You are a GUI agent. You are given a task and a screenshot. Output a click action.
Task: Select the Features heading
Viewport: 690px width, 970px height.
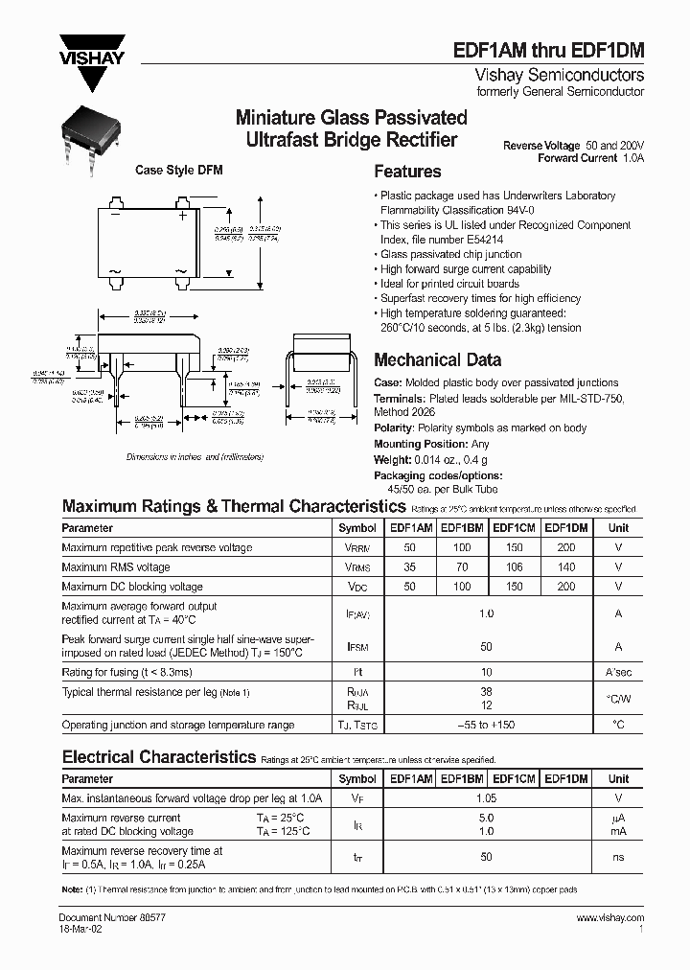407,172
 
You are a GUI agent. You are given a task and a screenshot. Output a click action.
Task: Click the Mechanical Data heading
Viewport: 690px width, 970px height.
437,360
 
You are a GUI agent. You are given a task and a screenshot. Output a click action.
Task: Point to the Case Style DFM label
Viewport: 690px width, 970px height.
179,170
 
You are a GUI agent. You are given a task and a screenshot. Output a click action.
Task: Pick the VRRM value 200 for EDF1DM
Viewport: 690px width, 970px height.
566,547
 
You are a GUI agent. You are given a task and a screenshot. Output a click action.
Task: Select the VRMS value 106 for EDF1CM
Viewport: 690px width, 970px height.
514,567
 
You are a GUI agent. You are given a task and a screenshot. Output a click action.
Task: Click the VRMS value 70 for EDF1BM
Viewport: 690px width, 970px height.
463,567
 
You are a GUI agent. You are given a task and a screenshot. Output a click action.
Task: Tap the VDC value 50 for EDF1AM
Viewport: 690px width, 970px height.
411,587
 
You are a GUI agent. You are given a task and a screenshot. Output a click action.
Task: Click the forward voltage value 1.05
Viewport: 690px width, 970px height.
487,797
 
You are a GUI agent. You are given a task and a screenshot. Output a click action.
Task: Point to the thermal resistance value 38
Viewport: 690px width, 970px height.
487,690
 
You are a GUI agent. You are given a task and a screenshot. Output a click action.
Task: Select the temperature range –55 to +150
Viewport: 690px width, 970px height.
487,726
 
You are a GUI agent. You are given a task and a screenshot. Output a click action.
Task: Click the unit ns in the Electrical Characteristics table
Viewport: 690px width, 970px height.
619,857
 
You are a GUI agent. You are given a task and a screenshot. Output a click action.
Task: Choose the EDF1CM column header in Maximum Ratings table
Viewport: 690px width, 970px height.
514,527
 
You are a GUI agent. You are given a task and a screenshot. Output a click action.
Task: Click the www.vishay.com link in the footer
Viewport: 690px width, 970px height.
610,917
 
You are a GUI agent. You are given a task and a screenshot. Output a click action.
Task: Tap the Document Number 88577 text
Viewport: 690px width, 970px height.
101,917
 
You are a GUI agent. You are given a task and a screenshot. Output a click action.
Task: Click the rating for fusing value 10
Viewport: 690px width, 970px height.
487,673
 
